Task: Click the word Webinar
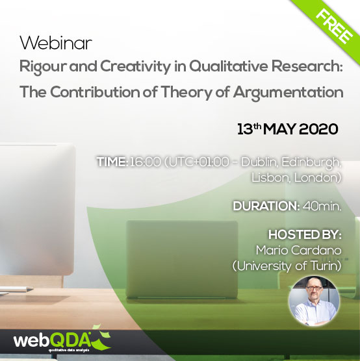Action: [x=56, y=43]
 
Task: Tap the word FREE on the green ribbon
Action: [x=334, y=27]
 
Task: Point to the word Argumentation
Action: [x=288, y=93]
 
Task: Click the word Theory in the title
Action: [x=186, y=93]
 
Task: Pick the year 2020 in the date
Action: [x=319, y=129]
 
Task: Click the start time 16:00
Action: [x=145, y=162]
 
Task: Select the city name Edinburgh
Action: [x=311, y=162]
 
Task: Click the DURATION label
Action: [x=266, y=206]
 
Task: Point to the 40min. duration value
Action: [x=322, y=206]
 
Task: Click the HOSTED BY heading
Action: [x=305, y=235]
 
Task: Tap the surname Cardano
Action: [x=316, y=250]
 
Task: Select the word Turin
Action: [x=326, y=266]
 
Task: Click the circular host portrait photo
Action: [x=314, y=301]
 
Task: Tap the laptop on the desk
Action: [x=182, y=260]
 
